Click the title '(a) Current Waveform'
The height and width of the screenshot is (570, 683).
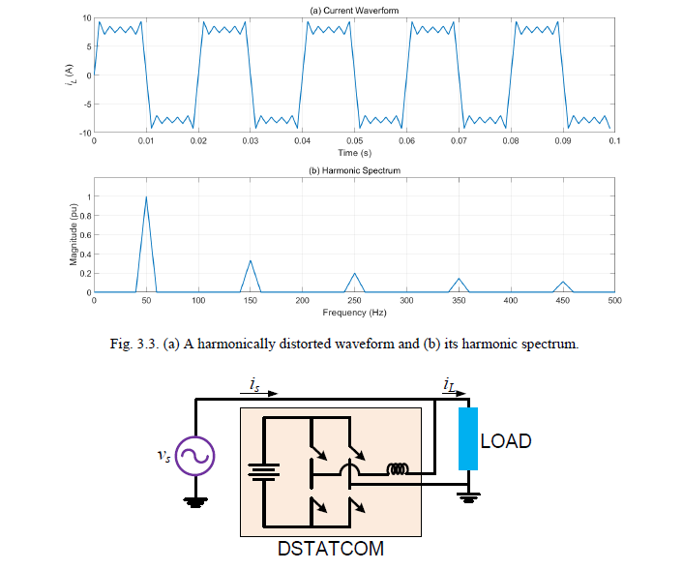tap(353, 10)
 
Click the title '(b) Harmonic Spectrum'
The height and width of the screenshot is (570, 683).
tap(353, 171)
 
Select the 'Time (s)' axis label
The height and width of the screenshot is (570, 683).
tap(354, 153)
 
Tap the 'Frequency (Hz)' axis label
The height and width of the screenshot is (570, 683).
tap(354, 313)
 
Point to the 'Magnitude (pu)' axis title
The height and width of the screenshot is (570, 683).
tap(74, 236)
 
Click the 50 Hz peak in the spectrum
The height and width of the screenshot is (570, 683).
tap(146, 197)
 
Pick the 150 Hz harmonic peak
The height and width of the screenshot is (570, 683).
tap(251, 261)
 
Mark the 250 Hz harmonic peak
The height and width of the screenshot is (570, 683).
tap(355, 274)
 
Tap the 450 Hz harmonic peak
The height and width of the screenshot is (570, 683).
tap(563, 282)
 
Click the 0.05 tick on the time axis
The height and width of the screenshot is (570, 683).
tap(354, 141)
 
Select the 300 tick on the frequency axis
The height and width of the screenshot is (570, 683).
tap(406, 301)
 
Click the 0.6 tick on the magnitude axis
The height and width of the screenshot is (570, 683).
tap(85, 235)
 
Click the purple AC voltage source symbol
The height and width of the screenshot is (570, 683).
tap(194, 457)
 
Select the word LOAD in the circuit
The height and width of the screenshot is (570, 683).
tap(506, 441)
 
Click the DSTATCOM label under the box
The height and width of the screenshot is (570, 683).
tap(331, 549)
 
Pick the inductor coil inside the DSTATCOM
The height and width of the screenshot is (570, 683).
tap(397, 470)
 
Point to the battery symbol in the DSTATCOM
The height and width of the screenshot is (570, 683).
tap(263, 471)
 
